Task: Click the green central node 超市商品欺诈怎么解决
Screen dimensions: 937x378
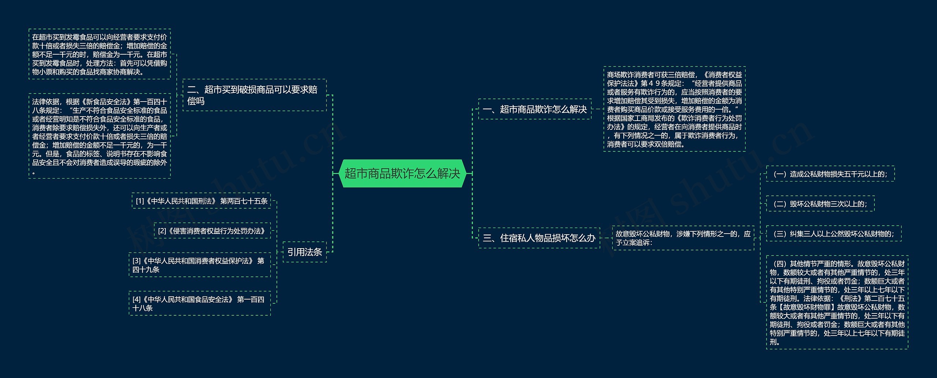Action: tap(402, 173)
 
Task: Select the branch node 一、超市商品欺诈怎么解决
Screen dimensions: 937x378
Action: tap(534, 109)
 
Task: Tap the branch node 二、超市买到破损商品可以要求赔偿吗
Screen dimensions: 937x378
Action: tap(254, 95)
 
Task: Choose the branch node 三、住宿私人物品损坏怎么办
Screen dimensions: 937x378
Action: tap(539, 238)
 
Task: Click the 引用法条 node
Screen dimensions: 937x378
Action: tap(305, 252)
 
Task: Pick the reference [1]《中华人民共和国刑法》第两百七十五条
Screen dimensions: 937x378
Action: tap(201, 201)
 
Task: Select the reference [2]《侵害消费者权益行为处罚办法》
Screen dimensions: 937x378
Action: tap(212, 231)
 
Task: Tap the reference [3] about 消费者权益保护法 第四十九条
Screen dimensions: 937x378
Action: tap(199, 265)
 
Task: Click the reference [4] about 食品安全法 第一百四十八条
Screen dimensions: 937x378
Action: tap(199, 304)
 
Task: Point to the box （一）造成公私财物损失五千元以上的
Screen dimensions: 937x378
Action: tap(830, 174)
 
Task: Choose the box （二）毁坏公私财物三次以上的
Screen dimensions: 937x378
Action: tap(820, 204)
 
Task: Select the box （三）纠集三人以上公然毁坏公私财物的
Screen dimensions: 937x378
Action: tap(833, 234)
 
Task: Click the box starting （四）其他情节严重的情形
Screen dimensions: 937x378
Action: tap(837, 302)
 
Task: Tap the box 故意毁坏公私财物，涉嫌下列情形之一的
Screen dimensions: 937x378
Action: tap(683, 238)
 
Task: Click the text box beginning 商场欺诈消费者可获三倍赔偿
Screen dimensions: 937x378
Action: tap(674, 109)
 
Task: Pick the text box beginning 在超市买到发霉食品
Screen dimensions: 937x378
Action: tap(100, 54)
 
